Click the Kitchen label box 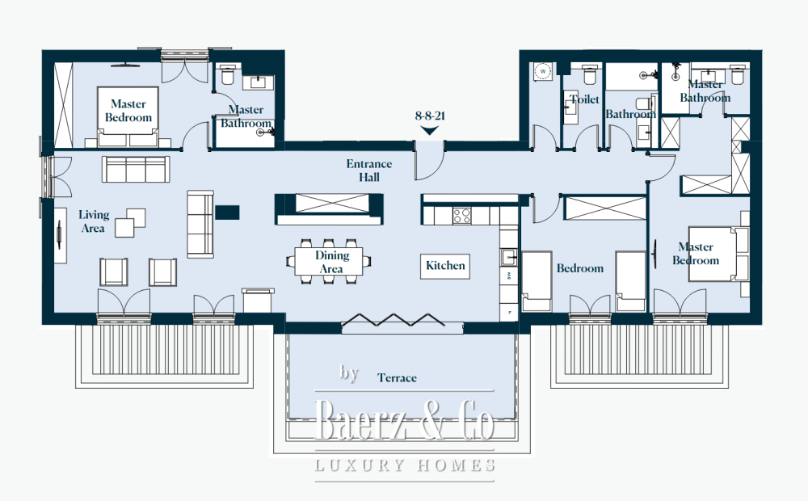pos(445,266)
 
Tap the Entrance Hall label pos(369,171)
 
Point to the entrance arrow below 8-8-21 pos(430,130)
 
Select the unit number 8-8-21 pos(430,116)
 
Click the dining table pos(329,262)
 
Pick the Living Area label pos(93,221)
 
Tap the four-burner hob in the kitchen pos(461,216)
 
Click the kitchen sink pos(509,257)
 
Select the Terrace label pos(397,378)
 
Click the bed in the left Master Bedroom pos(128,117)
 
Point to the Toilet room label pos(584,99)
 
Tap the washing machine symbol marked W pos(543,72)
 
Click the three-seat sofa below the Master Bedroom pos(136,169)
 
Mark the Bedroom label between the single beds pos(579,268)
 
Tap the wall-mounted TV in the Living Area pos(59,235)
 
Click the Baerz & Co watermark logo pos(405,420)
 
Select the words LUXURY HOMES pos(405,465)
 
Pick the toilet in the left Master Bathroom pos(227,74)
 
